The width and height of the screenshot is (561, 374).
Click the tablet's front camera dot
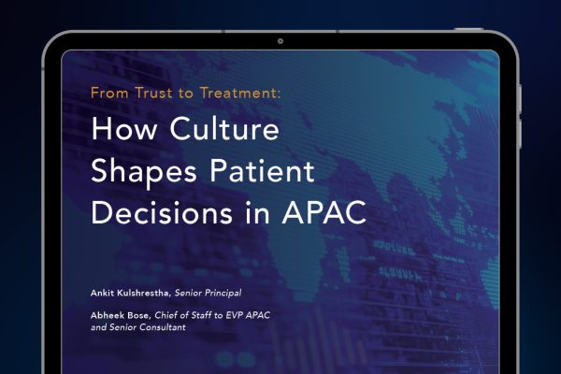280,41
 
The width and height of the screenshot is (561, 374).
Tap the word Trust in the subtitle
153,93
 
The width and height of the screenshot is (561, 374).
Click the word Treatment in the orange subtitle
239,93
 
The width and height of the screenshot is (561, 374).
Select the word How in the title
123,128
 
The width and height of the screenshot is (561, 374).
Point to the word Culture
224,128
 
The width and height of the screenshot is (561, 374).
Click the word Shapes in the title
144,172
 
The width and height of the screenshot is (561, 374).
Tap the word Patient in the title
262,170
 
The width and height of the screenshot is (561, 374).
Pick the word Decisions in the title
162,212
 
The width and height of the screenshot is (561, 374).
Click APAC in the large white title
324,212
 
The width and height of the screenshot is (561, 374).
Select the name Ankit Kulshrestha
130,293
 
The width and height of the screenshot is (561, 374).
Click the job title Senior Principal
208,293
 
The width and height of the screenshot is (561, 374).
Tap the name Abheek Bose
122,315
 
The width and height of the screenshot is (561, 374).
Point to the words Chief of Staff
183,315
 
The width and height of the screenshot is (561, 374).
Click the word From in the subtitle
109,93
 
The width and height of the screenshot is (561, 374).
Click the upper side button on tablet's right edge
520,99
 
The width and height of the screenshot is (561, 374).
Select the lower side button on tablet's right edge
520,134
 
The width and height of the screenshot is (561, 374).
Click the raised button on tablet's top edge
468,29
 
